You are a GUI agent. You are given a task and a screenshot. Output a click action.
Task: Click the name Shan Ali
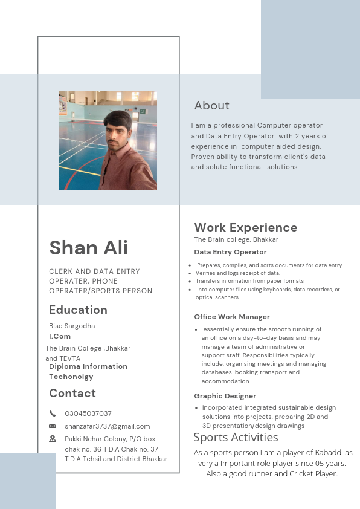click(88, 247)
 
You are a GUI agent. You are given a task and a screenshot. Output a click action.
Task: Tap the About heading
click(211, 106)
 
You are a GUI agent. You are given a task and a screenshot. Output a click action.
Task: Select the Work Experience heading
click(245, 227)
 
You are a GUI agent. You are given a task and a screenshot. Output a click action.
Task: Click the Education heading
click(78, 310)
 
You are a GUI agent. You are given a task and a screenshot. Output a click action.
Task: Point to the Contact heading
click(72, 394)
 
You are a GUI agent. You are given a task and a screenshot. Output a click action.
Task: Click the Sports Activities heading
click(236, 437)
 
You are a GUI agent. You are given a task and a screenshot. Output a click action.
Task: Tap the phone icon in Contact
click(53, 413)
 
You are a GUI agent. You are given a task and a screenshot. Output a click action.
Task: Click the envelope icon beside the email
click(53, 426)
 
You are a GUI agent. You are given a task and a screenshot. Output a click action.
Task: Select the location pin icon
click(53, 438)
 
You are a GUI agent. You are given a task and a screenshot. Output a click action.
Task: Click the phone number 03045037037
click(88, 413)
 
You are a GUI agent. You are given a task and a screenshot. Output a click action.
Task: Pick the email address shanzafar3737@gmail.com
click(108, 426)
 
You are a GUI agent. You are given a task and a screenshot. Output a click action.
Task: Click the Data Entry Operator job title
click(230, 252)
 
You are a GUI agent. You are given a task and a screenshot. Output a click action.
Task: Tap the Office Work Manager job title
click(232, 317)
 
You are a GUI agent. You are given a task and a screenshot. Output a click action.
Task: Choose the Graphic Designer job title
click(225, 396)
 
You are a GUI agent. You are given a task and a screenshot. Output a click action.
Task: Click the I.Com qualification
click(60, 336)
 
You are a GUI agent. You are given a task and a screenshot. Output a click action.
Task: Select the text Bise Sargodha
click(72, 326)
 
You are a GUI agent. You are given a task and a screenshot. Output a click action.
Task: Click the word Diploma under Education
click(64, 366)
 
